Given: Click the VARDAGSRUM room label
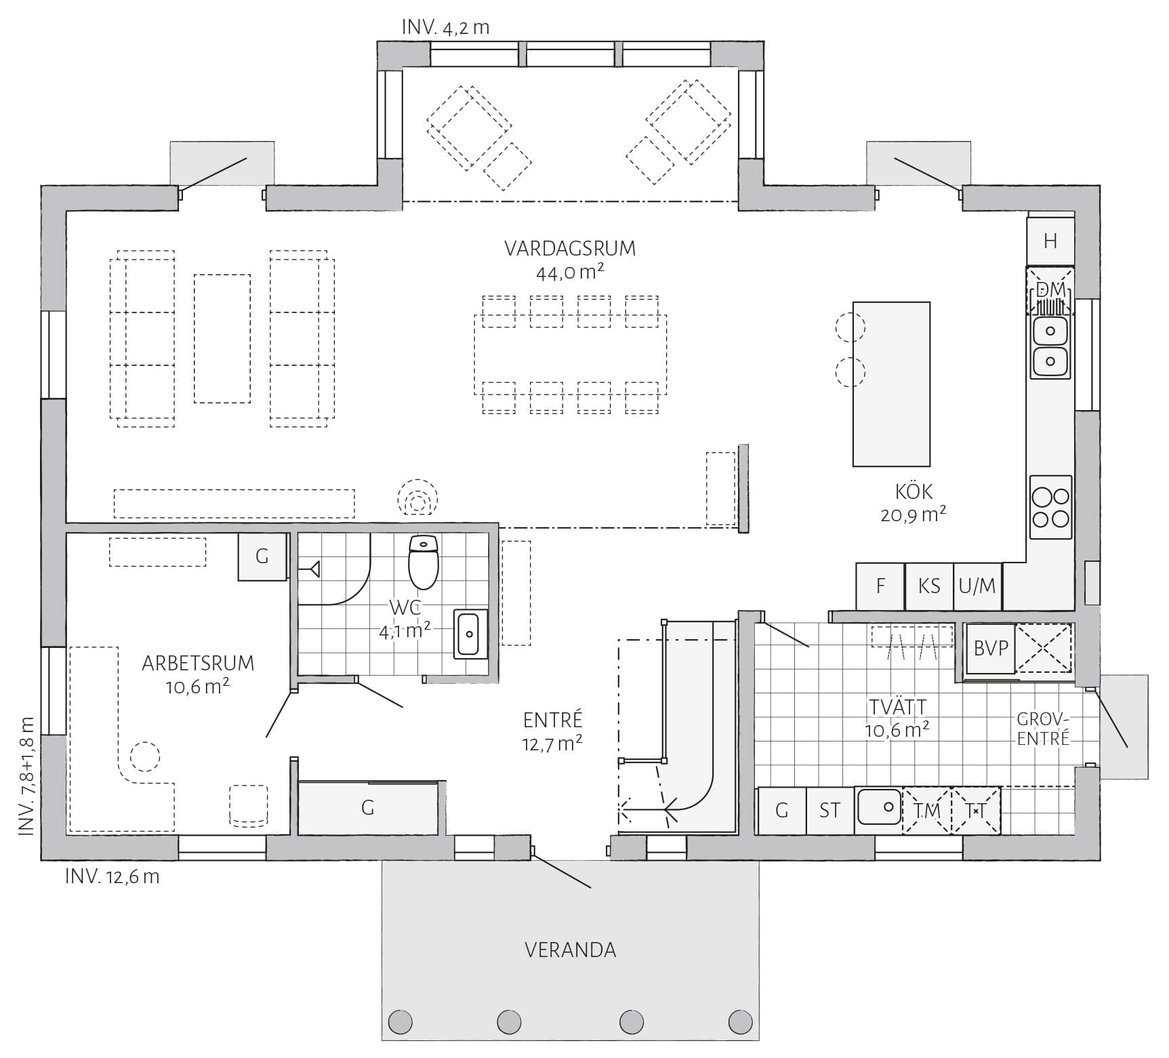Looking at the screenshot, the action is [570, 249].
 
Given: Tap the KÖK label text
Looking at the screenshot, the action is [914, 491].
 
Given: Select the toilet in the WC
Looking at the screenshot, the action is [424, 561].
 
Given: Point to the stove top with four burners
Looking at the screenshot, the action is [1050, 507].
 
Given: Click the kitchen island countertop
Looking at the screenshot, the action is [891, 384].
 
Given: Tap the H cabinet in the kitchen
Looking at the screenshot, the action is [1050, 241].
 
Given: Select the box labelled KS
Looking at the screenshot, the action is [929, 586].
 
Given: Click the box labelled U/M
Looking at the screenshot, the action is [977, 586].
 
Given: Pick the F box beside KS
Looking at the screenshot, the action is [880, 586].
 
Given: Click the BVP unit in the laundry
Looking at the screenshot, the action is [991, 649].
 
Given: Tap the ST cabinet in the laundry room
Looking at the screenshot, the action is [830, 810].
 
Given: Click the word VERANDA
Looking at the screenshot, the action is [571, 950].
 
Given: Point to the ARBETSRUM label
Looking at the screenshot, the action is [198, 663].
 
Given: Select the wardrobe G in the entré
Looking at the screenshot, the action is [368, 807].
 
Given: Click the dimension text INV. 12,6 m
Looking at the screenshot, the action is [112, 876].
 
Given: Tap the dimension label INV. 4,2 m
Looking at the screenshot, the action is [446, 27].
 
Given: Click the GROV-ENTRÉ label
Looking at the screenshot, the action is [1043, 729].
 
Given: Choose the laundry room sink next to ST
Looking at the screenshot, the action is [879, 808].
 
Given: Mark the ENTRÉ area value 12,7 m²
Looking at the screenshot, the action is [552, 744].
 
